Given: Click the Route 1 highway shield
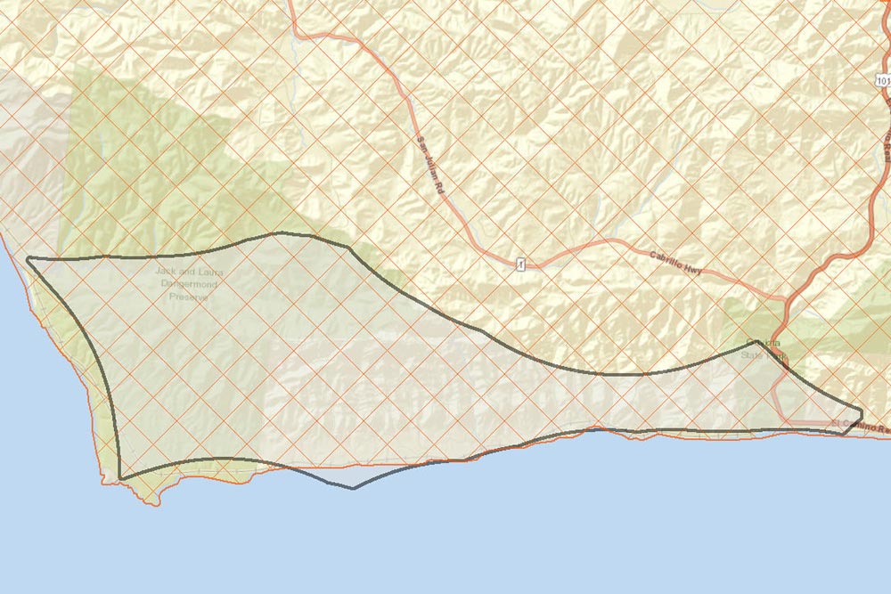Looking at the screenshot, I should click(518, 264).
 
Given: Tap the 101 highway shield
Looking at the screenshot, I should click(882, 81).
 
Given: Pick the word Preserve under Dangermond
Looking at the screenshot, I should click(188, 296).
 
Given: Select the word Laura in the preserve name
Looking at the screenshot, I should click(209, 271).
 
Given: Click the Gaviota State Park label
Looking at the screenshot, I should click(764, 349).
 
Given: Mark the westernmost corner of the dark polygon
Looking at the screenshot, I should click(28, 259).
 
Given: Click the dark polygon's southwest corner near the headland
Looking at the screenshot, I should click(120, 478).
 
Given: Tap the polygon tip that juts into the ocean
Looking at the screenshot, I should click(354, 488).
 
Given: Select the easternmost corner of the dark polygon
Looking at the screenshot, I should click(862, 411).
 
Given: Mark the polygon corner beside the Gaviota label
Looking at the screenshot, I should click(756, 340).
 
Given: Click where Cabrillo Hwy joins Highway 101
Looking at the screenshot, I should click(785, 301).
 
